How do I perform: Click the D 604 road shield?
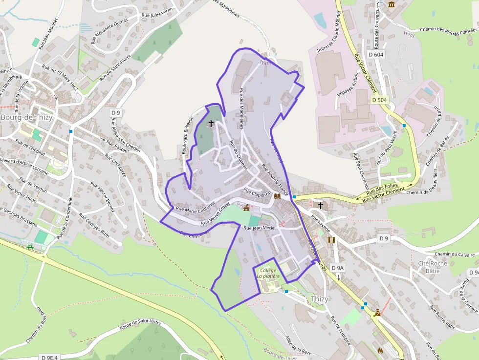point(376,55)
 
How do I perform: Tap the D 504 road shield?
point(379,100)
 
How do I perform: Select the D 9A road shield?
point(338,268)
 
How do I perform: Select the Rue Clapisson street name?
point(257,193)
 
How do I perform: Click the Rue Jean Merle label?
point(259,228)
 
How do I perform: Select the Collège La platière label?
point(268,273)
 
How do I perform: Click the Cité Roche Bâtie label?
point(433,267)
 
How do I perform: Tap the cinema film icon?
point(332,240)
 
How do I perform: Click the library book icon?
point(278,196)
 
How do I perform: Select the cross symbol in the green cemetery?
point(211,124)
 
